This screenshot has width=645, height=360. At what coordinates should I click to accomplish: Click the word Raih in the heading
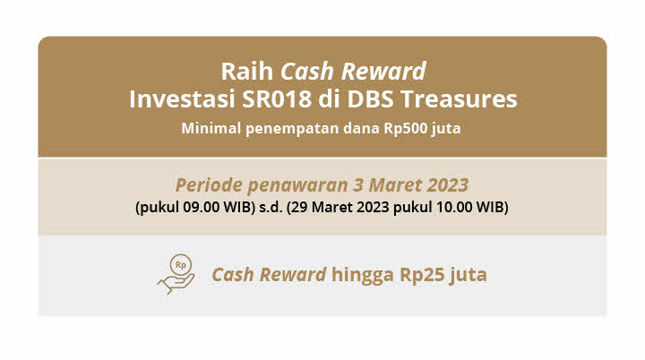point(247,71)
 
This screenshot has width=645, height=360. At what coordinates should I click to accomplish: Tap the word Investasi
point(182,99)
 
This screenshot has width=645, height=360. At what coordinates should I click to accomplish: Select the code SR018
point(277,99)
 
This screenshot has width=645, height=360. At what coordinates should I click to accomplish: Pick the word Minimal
point(211,128)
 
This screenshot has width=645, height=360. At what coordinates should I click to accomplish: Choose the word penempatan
point(292,129)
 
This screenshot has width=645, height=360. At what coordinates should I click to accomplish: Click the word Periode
point(209,185)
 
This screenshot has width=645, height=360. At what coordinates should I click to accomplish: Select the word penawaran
point(297,186)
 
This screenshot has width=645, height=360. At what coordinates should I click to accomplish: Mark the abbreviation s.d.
point(271,207)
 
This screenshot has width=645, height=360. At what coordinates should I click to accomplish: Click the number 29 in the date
point(299,207)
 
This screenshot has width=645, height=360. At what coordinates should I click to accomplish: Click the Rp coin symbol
point(181,265)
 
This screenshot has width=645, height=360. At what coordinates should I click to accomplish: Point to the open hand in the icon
point(176,283)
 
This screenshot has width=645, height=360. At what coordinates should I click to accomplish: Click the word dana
point(362,128)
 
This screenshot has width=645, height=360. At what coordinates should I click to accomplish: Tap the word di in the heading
point(330,99)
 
